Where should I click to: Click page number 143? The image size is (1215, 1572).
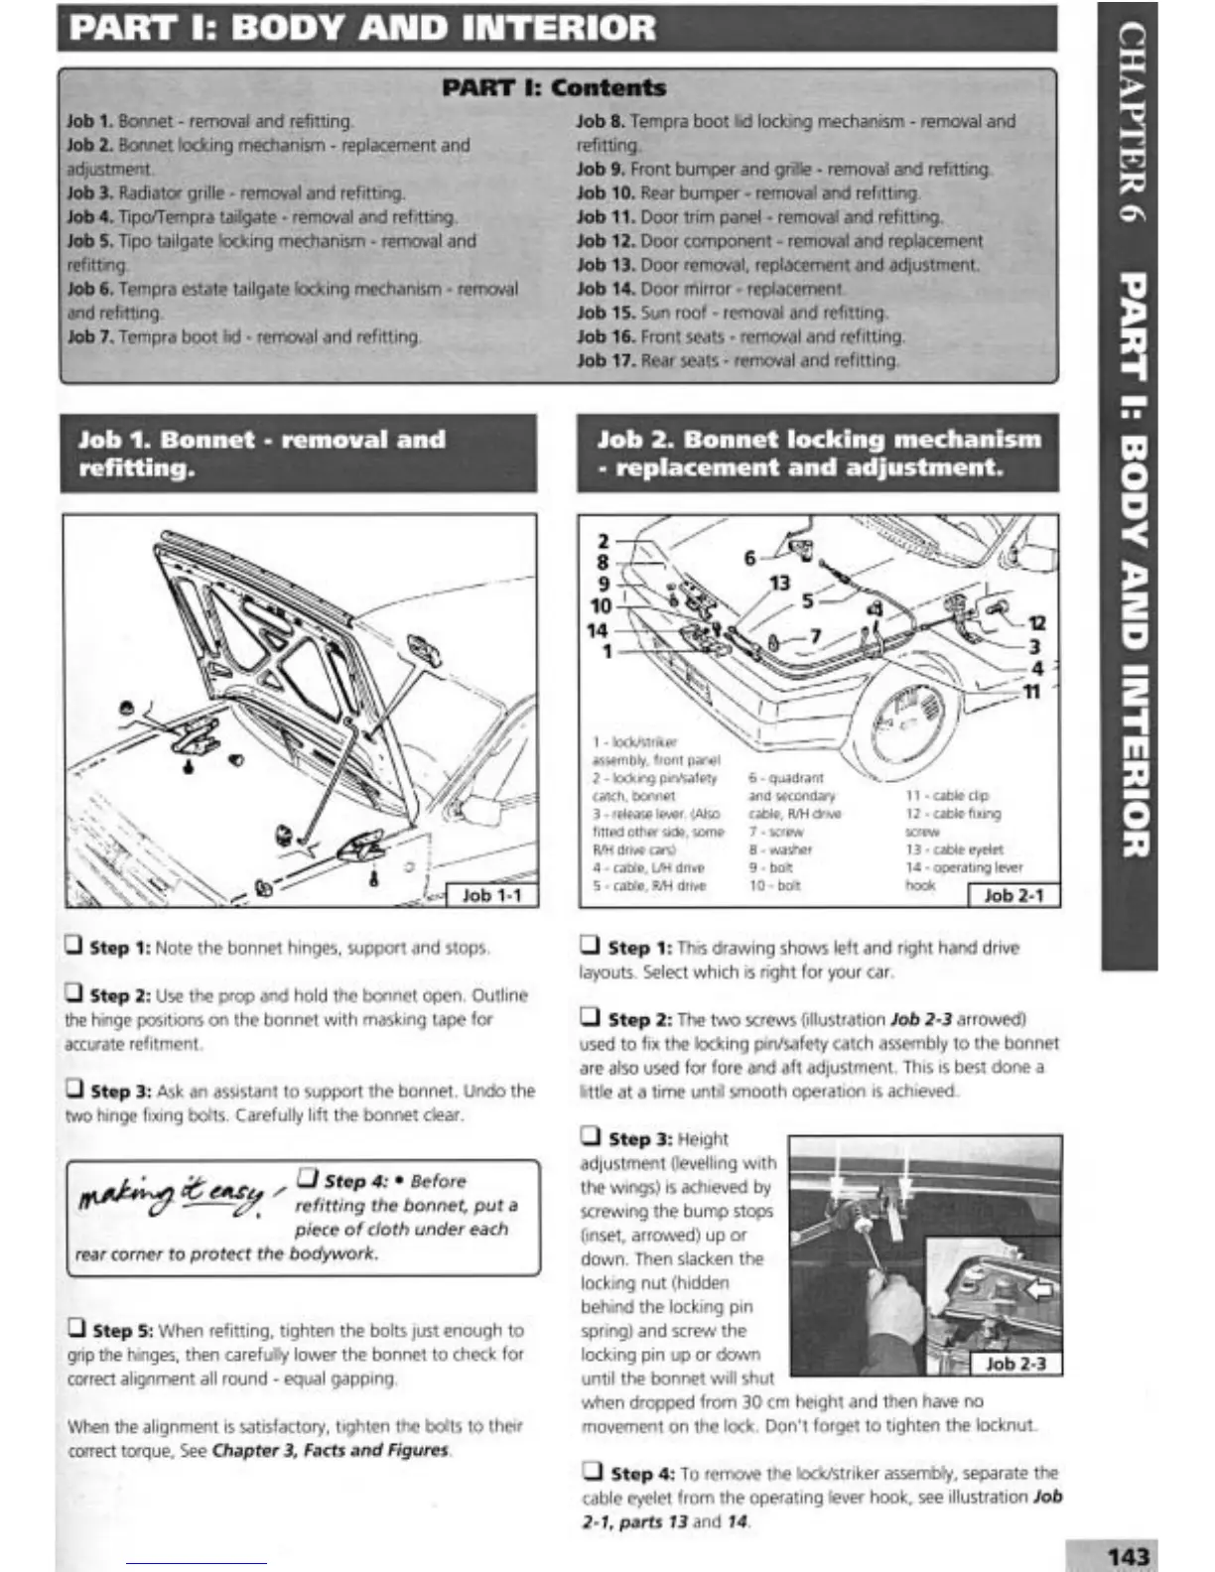tap(1128, 1556)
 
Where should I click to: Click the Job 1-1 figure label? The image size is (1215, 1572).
tap(491, 895)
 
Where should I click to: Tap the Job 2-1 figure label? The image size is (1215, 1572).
tap(1012, 895)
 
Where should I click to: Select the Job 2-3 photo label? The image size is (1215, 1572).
tap(1015, 1364)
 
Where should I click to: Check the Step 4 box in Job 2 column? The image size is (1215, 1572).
tap(592, 1472)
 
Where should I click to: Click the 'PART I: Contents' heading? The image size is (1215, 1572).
tap(554, 87)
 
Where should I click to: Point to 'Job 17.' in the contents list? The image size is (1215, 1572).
tap(606, 360)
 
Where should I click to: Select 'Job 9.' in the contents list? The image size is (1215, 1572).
tap(601, 169)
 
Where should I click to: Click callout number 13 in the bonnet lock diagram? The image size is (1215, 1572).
tap(779, 584)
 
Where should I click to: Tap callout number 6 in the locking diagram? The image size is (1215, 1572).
tap(750, 559)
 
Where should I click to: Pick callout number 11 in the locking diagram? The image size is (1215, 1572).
tap(1031, 692)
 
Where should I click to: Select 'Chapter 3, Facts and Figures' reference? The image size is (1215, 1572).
tap(330, 1450)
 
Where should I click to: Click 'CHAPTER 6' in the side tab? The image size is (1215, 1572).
tap(1131, 123)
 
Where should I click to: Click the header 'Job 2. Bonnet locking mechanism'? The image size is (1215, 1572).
tap(819, 440)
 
